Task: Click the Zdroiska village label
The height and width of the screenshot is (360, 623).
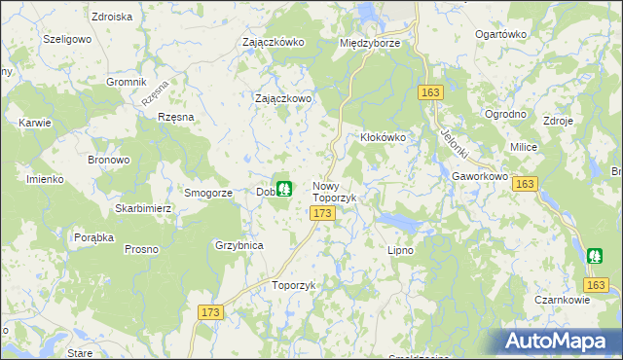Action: pos(110,17)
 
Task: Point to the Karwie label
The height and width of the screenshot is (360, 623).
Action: pos(34,123)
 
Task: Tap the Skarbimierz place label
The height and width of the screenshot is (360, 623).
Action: pos(142,208)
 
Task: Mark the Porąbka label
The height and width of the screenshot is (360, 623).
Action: pos(94,236)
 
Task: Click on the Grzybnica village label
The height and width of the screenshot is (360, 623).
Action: pos(239,245)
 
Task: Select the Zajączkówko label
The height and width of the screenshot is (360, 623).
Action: pos(274,42)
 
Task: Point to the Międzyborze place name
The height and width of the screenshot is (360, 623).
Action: pos(371,43)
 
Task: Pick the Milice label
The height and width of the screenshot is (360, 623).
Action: pos(524,146)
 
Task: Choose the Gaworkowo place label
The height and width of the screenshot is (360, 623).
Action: pos(481,176)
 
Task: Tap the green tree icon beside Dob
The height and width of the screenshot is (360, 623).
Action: pos(283,188)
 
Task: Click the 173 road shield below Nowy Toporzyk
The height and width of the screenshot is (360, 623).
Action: pos(324,212)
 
